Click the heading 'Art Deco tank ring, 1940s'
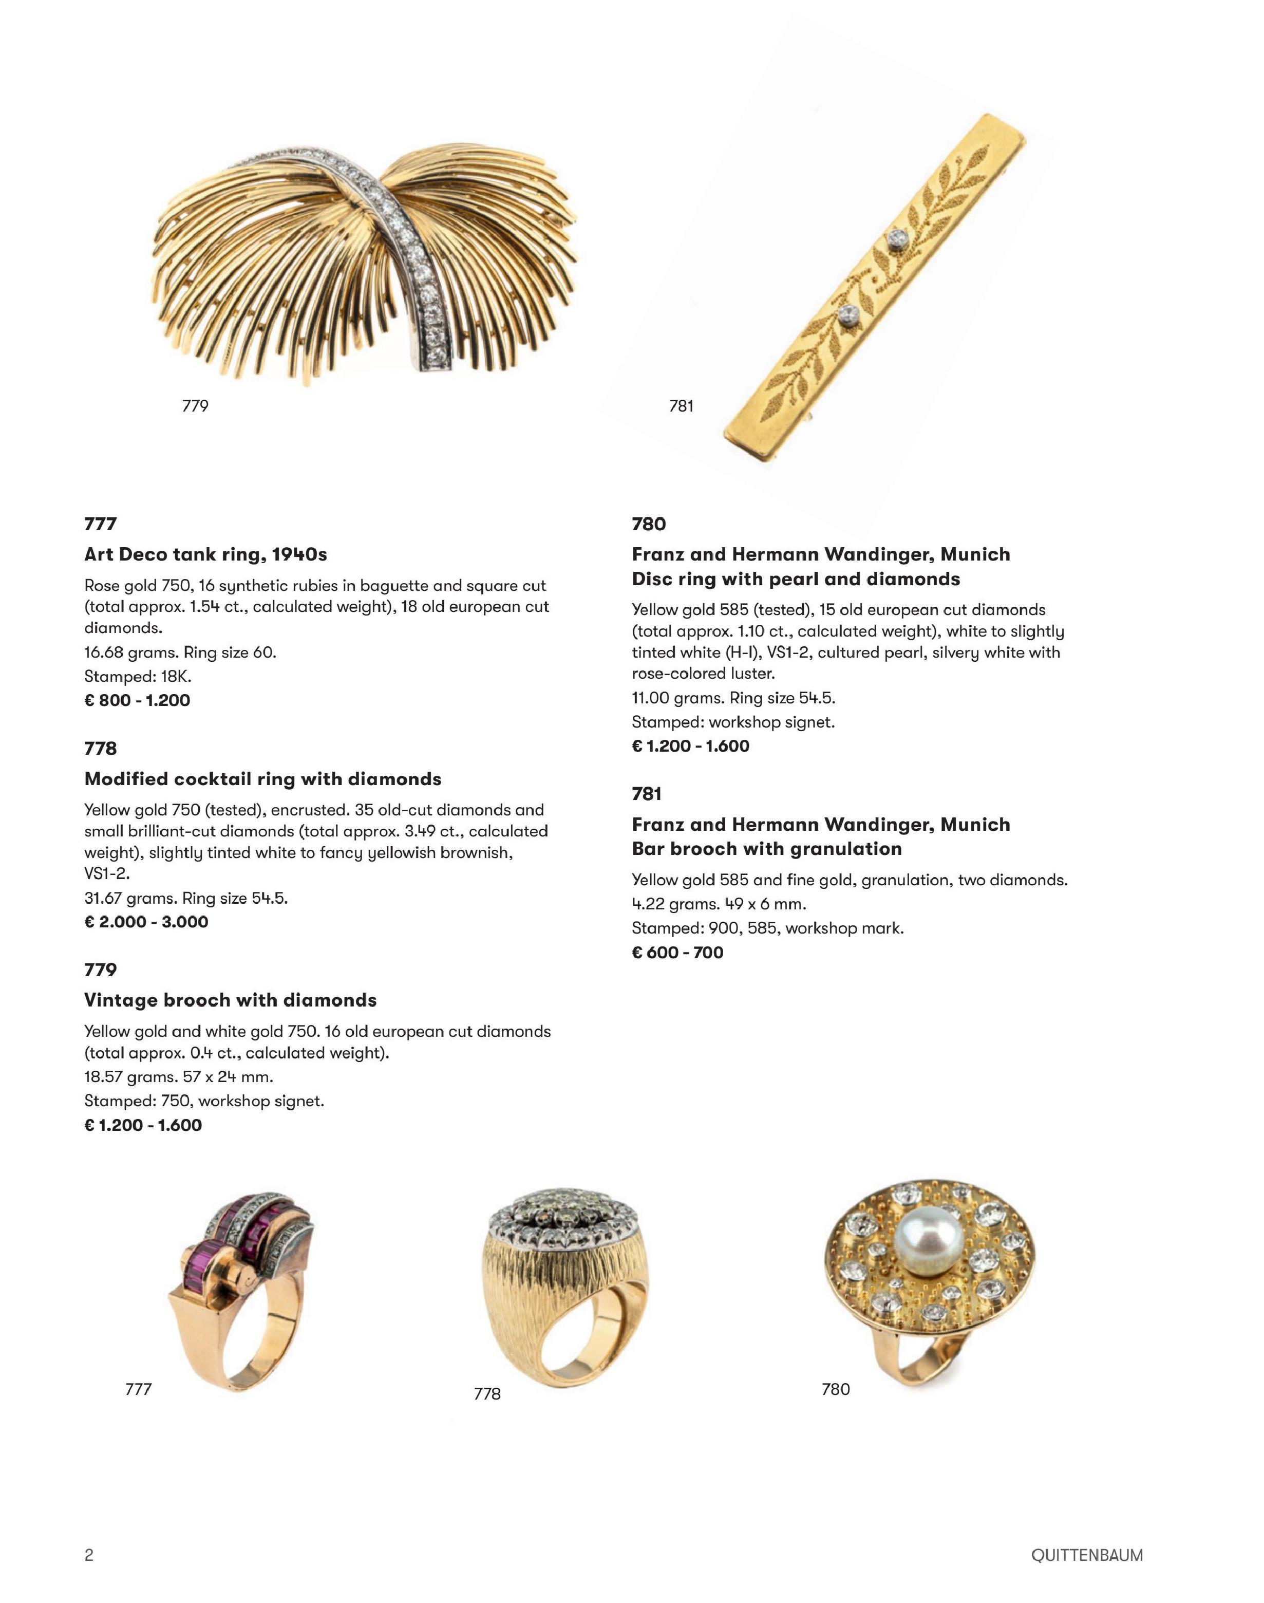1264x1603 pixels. click(x=206, y=554)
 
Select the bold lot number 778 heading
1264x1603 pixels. click(x=101, y=748)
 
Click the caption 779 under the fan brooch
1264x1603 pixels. click(x=195, y=406)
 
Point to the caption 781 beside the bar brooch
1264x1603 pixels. click(x=681, y=406)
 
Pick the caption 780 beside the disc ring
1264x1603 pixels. click(x=836, y=1389)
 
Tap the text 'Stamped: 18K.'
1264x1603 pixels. click(x=138, y=676)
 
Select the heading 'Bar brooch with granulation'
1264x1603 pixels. click(x=767, y=849)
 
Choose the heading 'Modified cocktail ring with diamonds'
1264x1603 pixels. click(x=263, y=779)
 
